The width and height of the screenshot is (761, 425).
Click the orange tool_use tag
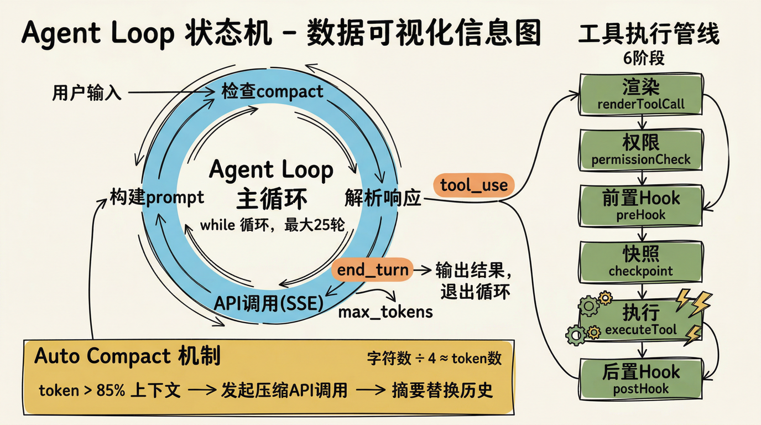tap(474, 185)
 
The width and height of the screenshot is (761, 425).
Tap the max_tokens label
tap(385, 312)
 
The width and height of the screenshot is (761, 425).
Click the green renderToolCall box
tap(641, 95)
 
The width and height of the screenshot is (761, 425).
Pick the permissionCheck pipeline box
tap(641, 150)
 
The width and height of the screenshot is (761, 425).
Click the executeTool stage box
tap(641, 320)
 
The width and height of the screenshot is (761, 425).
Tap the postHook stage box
tap(641, 378)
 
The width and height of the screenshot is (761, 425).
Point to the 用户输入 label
tap(87, 93)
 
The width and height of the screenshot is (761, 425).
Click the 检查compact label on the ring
tap(272, 91)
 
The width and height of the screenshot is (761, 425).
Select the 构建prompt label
tap(157, 198)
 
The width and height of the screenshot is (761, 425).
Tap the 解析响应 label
tap(383, 198)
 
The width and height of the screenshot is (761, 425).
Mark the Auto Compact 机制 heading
tap(127, 356)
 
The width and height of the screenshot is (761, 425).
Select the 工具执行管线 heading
tap(648, 34)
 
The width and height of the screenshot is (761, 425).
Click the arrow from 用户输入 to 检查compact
tap(170, 94)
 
